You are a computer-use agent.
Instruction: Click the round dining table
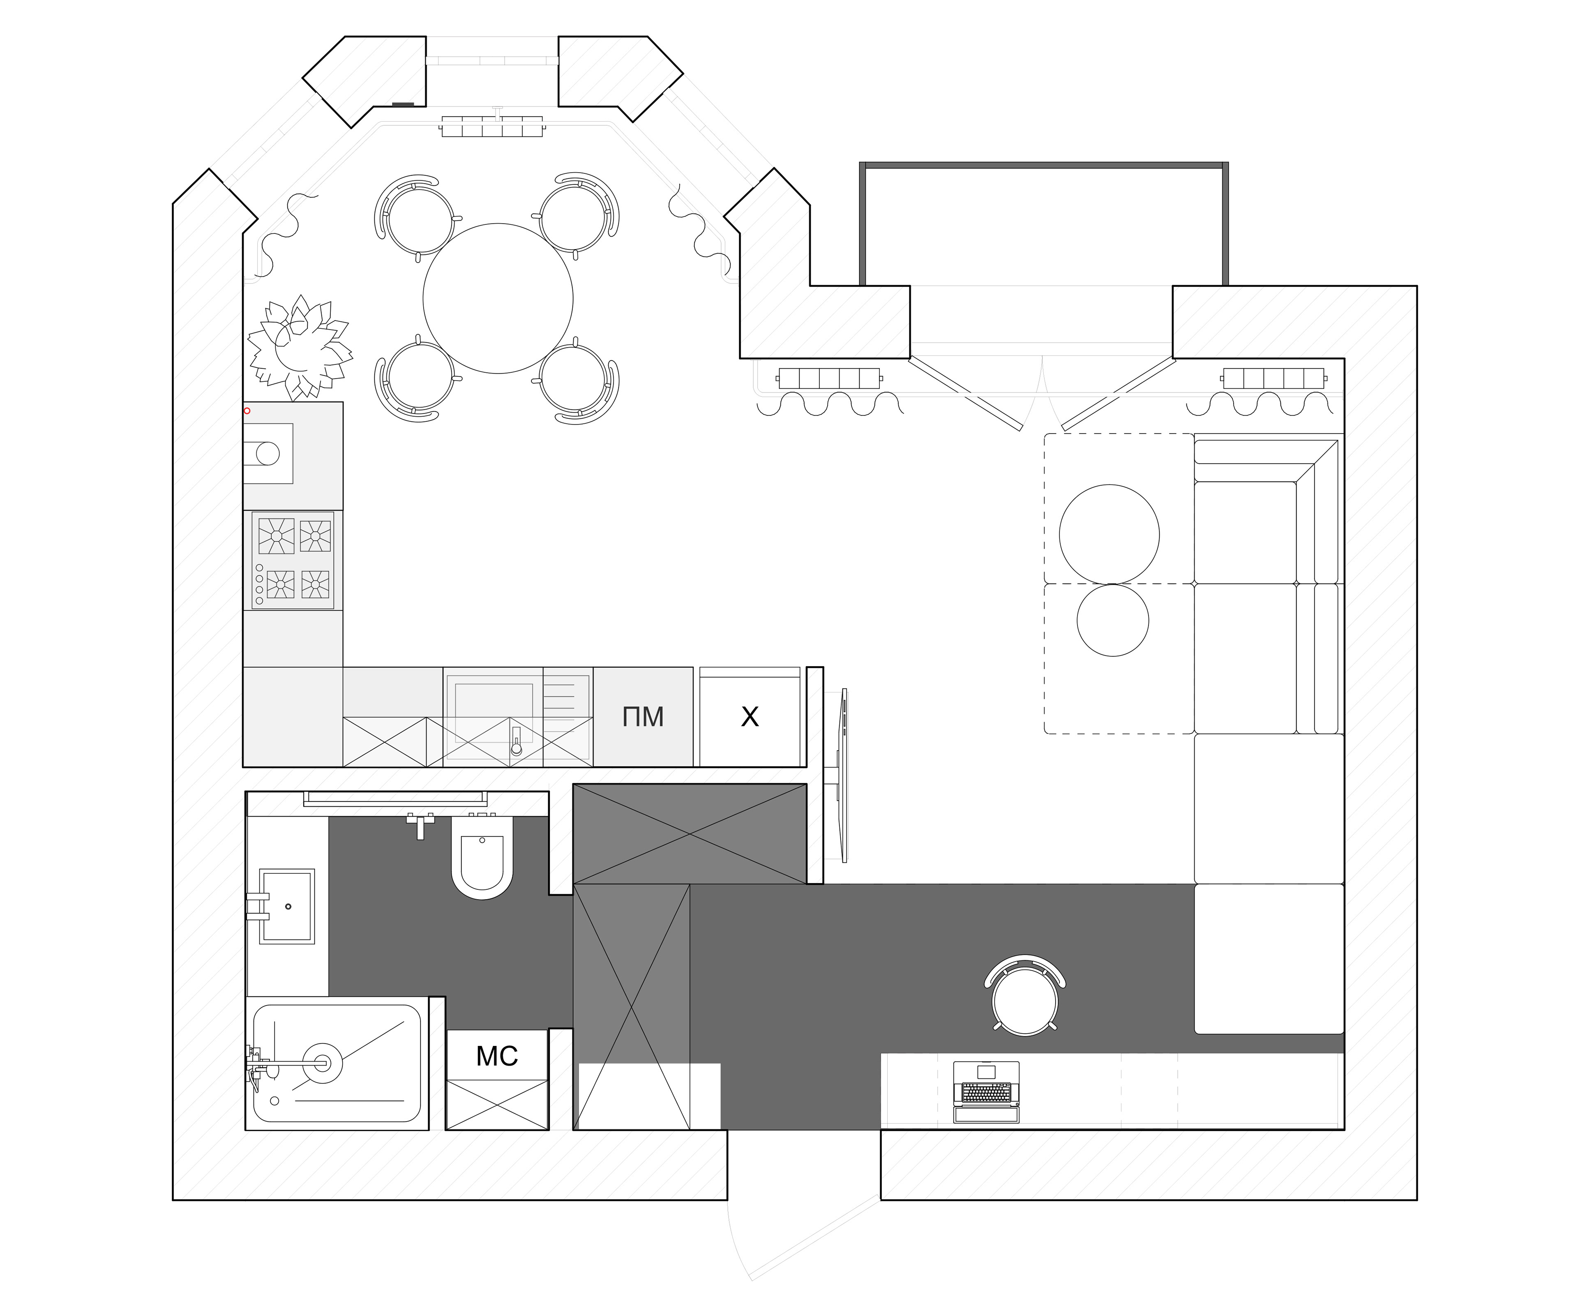[498, 298]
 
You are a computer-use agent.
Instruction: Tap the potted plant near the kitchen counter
[299, 347]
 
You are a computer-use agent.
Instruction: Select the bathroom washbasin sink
[287, 906]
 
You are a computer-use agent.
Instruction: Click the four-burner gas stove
[293, 560]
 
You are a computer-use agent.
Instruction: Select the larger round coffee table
[1110, 534]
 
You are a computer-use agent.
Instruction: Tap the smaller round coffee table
[1112, 620]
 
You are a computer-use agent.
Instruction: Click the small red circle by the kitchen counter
[247, 410]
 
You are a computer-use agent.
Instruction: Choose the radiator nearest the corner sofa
[1275, 378]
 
